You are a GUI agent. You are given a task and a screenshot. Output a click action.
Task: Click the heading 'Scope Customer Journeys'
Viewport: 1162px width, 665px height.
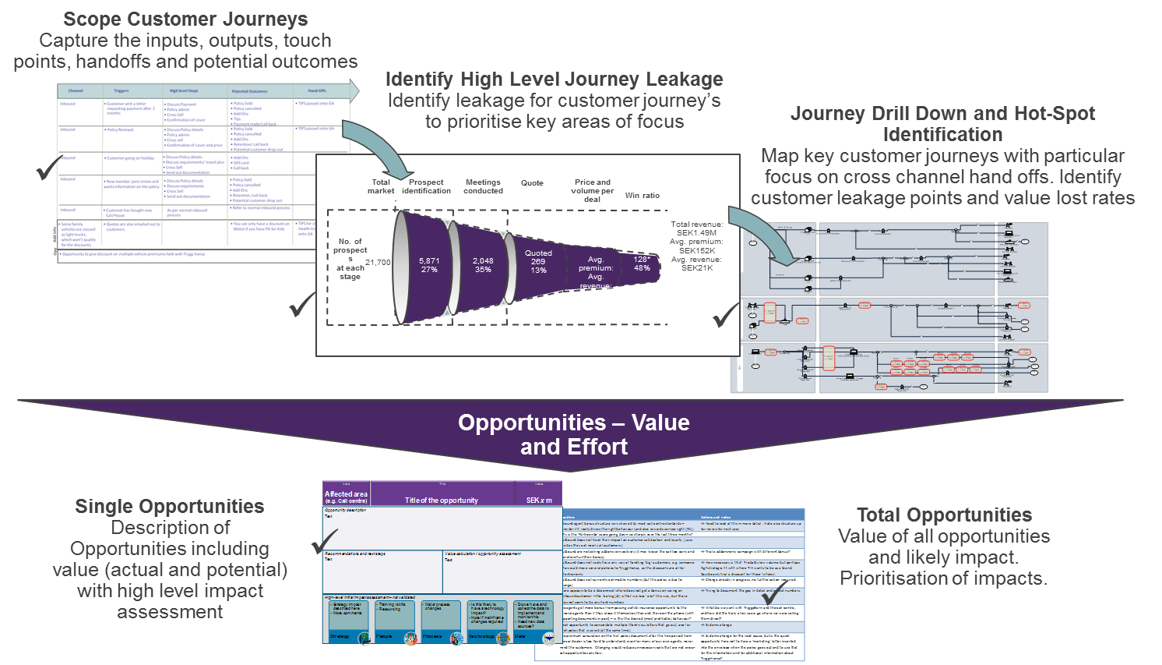tap(185, 19)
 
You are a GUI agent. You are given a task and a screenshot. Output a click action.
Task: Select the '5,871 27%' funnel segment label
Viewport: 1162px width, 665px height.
tap(429, 265)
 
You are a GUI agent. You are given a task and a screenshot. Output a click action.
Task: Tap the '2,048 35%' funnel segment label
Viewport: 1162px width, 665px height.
tap(483, 265)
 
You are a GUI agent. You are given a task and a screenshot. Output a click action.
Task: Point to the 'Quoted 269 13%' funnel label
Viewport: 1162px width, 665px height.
tap(538, 261)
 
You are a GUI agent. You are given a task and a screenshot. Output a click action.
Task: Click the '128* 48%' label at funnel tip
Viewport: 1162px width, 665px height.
tap(642, 264)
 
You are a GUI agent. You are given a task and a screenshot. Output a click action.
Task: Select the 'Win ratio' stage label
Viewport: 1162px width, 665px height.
tap(642, 196)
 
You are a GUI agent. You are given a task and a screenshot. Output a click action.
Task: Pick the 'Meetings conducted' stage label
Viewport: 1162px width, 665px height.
tap(483, 186)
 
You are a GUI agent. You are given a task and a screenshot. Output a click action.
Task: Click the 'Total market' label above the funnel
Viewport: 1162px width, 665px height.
tap(381, 186)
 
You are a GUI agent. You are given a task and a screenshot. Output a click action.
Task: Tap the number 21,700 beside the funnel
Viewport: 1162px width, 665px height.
tap(378, 263)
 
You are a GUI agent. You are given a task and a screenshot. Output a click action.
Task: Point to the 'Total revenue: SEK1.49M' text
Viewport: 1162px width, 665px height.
tap(696, 228)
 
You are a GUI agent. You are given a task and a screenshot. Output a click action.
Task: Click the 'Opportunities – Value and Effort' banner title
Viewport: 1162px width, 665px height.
tap(574, 434)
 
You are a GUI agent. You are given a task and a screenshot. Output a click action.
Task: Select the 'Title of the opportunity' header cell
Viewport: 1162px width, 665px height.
tap(442, 501)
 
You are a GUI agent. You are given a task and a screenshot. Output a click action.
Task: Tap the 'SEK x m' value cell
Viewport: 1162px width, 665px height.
tap(539, 501)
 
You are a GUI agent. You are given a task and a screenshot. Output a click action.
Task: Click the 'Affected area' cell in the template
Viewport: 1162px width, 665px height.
tap(346, 497)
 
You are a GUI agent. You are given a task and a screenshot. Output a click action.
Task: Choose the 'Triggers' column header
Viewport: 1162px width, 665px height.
tap(121, 91)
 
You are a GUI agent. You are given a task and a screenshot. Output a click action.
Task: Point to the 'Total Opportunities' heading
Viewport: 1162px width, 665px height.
tap(944, 515)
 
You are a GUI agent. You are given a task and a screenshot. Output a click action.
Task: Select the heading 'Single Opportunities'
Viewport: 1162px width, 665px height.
tap(170, 507)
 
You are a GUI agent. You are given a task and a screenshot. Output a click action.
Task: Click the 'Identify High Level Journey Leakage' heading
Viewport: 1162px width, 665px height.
tap(554, 80)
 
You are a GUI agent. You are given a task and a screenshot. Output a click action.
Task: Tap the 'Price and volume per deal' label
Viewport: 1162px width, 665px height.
tap(592, 191)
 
